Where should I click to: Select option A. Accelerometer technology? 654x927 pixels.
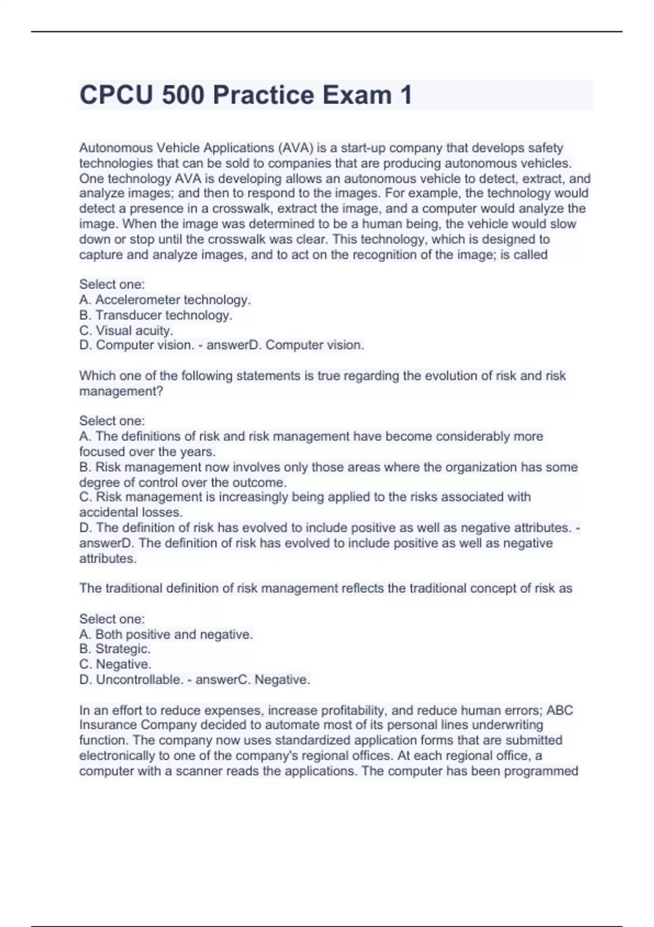pyautogui.click(x=165, y=299)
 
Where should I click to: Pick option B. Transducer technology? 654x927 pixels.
pyautogui.click(x=156, y=315)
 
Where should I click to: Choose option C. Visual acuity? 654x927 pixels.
pyautogui.click(x=126, y=330)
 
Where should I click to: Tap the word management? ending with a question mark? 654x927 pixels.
pyautogui.click(x=121, y=391)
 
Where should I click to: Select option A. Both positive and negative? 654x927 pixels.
pyautogui.click(x=166, y=634)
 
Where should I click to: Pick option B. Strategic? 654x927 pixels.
pyautogui.click(x=115, y=649)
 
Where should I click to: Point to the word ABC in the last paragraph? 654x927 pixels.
pyautogui.click(x=560, y=711)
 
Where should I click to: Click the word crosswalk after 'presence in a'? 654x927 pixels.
pyautogui.click(x=238, y=209)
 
